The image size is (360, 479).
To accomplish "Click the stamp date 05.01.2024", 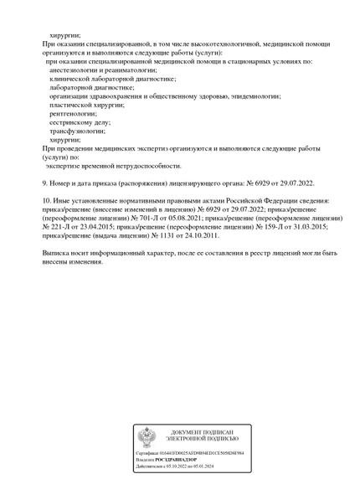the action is pos(203,466).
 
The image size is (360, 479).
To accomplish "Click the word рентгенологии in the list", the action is pos(75,113).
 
